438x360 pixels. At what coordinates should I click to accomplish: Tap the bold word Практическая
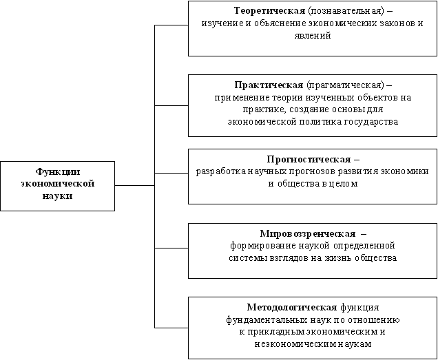tap(269, 85)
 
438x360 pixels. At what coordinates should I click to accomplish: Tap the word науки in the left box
tap(57, 196)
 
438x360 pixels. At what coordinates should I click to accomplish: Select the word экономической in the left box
tap(57, 184)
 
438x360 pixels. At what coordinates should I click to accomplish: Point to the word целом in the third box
tap(340, 184)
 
